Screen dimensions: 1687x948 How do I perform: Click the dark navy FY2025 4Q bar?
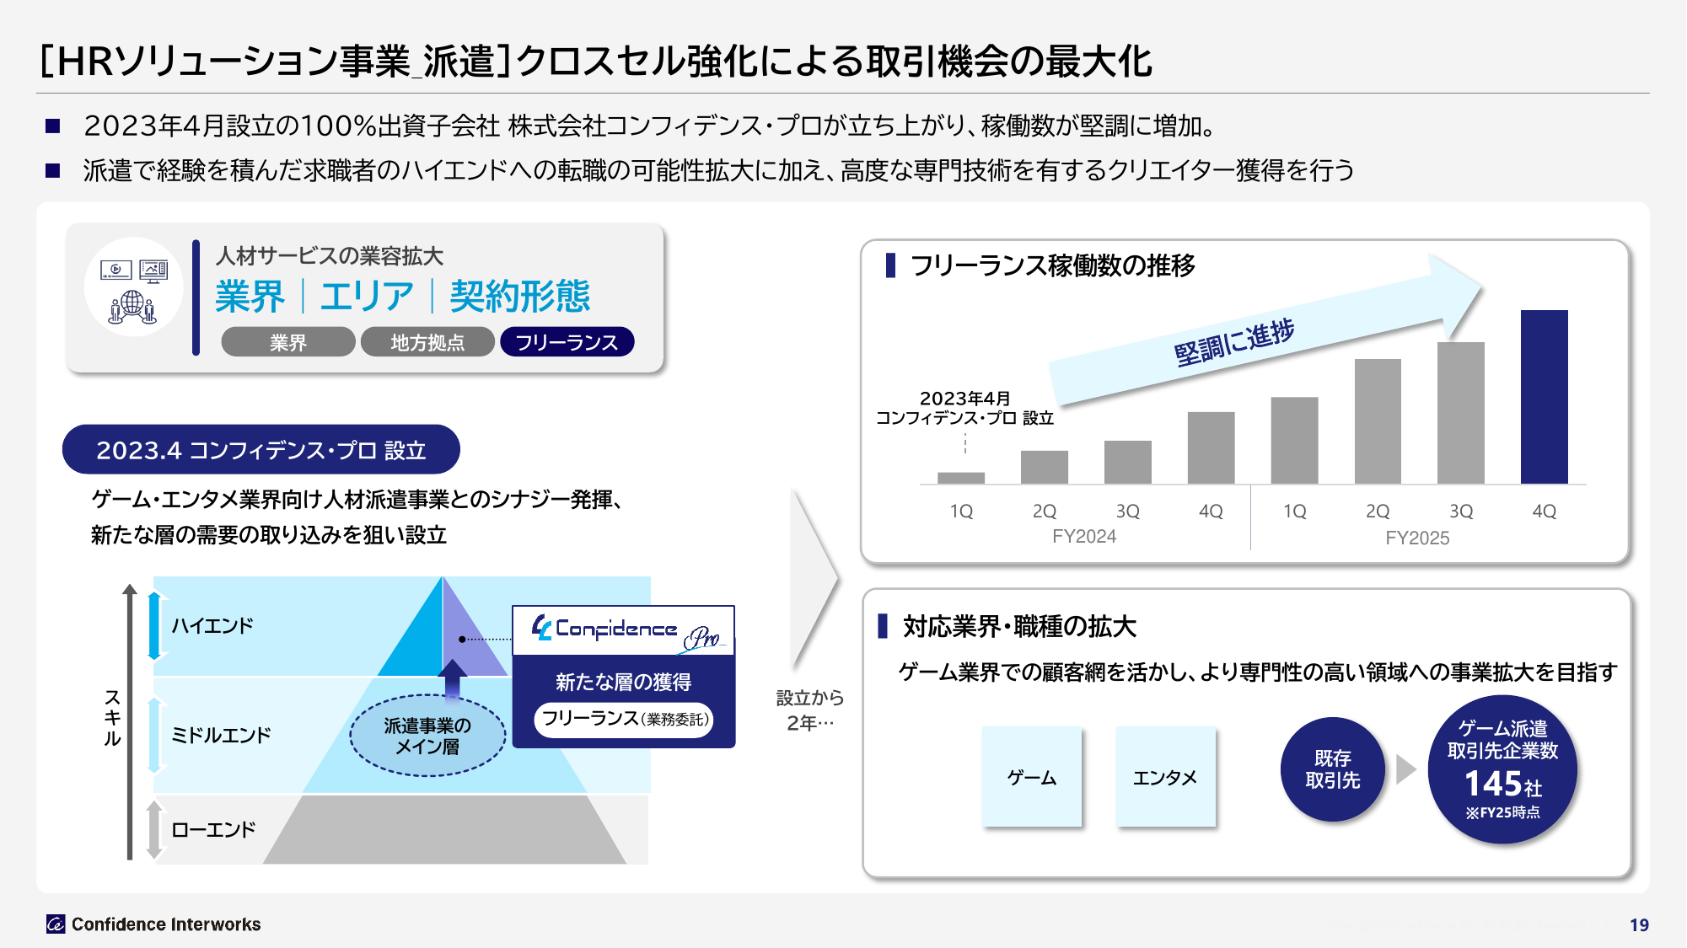[x=1544, y=397]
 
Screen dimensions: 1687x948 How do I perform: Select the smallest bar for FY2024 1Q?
[x=961, y=478]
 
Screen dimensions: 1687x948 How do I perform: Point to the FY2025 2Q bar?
[x=1378, y=421]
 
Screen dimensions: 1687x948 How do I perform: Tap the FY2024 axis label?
[x=1084, y=537]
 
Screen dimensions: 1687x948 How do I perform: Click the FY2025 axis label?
[x=1417, y=538]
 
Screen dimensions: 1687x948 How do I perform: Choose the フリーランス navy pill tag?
[x=567, y=342]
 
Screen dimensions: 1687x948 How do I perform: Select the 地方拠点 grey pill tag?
[x=427, y=342]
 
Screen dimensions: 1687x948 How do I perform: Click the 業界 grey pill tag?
[x=288, y=342]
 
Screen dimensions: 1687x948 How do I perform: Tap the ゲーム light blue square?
[x=1032, y=777]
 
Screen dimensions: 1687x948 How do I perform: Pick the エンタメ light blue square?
[x=1165, y=777]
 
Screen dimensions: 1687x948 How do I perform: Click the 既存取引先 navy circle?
[x=1333, y=769]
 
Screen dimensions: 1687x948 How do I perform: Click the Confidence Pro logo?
[x=624, y=631]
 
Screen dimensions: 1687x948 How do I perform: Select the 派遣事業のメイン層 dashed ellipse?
[x=427, y=736]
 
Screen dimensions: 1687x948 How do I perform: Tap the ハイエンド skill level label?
[x=212, y=626]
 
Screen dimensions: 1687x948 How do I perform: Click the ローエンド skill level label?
[x=213, y=830]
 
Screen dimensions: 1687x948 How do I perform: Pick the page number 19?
[x=1639, y=925]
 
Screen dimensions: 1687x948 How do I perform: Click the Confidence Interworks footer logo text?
[x=166, y=924]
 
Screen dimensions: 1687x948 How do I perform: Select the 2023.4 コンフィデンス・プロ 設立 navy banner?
[x=261, y=450]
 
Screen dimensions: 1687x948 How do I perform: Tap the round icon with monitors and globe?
[x=133, y=287]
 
